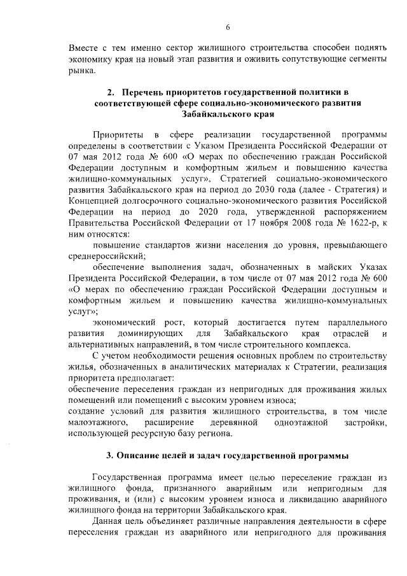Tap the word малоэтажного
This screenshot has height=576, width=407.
point(99,423)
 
